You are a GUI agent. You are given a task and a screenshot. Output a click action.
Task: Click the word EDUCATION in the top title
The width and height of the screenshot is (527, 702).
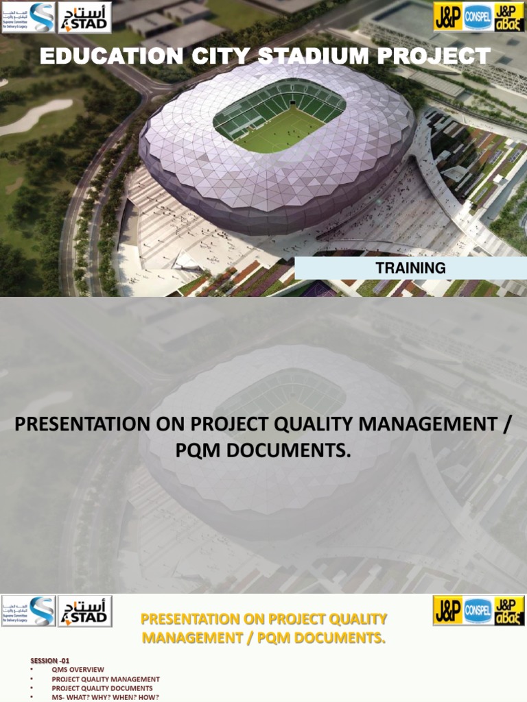point(110,56)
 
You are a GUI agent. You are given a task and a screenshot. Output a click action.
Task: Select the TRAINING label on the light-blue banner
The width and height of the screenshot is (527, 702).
point(410,268)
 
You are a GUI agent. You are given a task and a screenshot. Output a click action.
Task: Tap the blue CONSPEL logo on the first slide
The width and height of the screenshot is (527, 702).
point(478,18)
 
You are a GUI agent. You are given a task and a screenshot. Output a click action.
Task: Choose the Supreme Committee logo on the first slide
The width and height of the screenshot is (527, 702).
point(28,17)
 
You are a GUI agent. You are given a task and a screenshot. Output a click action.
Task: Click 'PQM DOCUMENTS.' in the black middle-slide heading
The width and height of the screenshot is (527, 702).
point(263,452)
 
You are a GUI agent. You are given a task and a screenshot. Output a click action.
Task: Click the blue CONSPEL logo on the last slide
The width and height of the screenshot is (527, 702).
point(478,611)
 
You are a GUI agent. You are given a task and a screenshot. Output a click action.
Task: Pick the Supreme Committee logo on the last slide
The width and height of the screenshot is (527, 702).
point(28,611)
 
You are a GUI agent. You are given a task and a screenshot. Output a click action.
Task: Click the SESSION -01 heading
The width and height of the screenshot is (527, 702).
point(49,661)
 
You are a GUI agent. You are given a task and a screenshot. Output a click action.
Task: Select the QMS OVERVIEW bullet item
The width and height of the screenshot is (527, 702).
point(78,670)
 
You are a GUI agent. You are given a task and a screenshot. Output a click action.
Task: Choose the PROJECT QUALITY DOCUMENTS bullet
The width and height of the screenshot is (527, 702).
point(102,688)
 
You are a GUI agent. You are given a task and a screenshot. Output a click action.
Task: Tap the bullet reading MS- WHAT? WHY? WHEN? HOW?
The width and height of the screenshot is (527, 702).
point(105,697)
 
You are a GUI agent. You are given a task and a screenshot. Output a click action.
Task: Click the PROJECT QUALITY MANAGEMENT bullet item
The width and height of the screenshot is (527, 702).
point(105,679)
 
